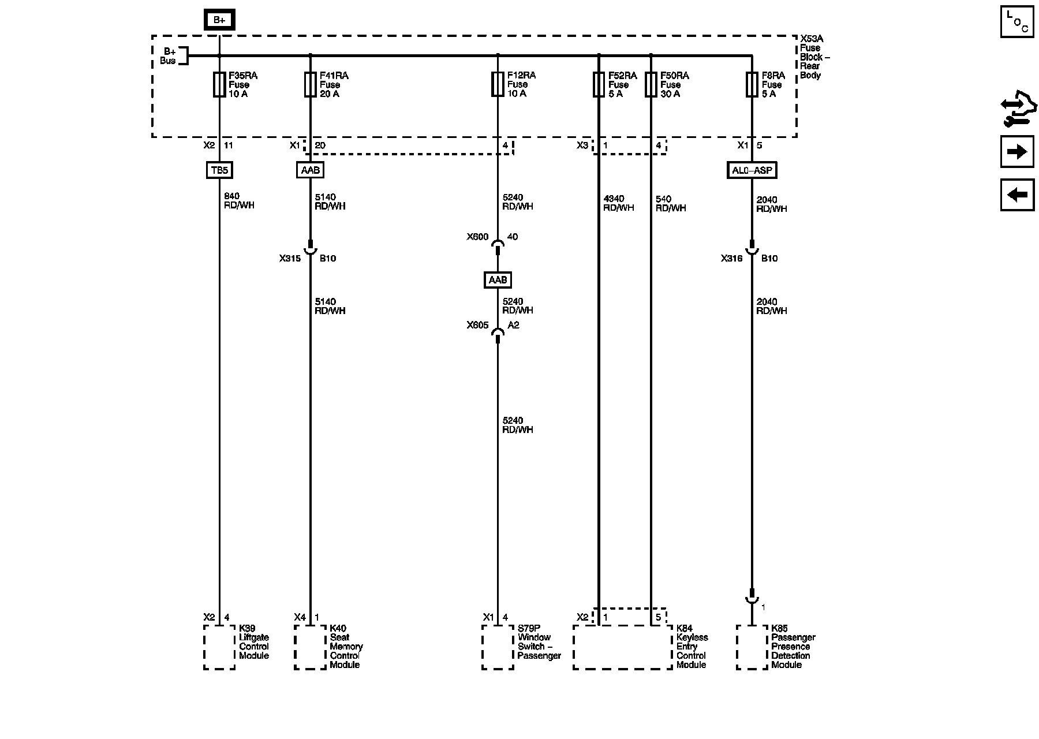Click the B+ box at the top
219,20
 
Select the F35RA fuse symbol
219,84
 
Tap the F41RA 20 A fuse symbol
310,84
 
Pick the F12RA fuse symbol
498,84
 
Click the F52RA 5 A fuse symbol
599,84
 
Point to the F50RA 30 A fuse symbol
651,84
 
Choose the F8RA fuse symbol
752,84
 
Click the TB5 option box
219,170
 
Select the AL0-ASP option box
752,170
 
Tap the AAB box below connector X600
498,280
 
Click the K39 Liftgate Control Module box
219,647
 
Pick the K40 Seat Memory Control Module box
310,647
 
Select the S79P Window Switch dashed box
498,647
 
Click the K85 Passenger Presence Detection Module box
752,647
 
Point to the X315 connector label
290,259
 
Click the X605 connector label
477,326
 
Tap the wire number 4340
614,199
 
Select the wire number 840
231,196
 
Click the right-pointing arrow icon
1016,152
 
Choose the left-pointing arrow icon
1016,195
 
